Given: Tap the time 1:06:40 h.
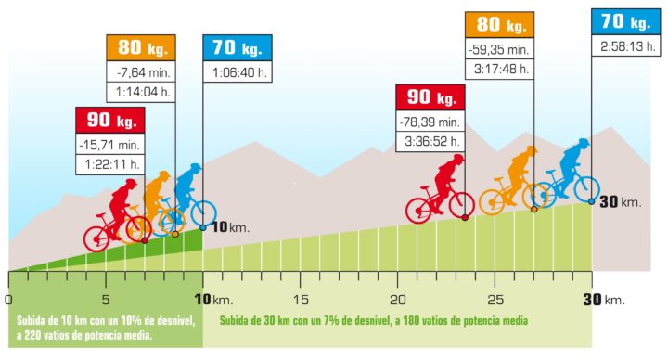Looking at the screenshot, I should pos(238,71).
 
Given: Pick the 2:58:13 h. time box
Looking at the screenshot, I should pos(626,46).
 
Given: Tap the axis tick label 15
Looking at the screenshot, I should pos(300,300).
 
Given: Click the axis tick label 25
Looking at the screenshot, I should pos(495,300).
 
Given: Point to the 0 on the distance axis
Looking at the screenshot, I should pos(8,300).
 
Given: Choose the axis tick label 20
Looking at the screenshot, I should pos(397,300).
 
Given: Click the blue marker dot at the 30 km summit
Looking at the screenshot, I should pos(591,199).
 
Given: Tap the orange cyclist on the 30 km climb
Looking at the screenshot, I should pos(513,181).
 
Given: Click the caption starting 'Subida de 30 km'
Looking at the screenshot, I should pos(373,320).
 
